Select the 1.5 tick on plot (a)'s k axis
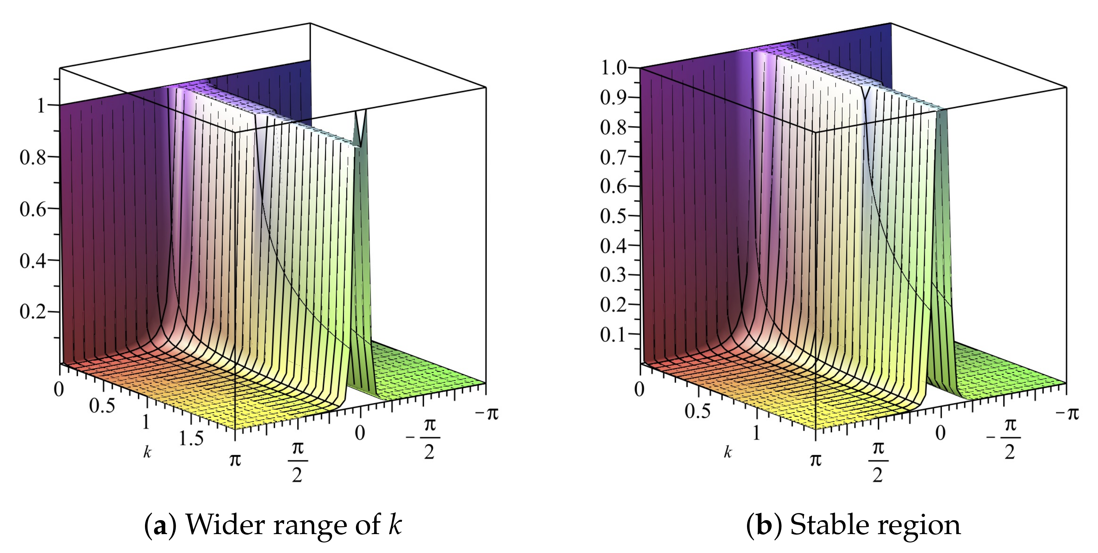click(x=191, y=438)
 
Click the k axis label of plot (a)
click(x=147, y=452)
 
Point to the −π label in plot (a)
click(x=486, y=413)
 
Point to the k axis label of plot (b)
click(x=728, y=452)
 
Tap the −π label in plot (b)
click(x=1067, y=413)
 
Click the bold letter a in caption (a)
click(x=160, y=525)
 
